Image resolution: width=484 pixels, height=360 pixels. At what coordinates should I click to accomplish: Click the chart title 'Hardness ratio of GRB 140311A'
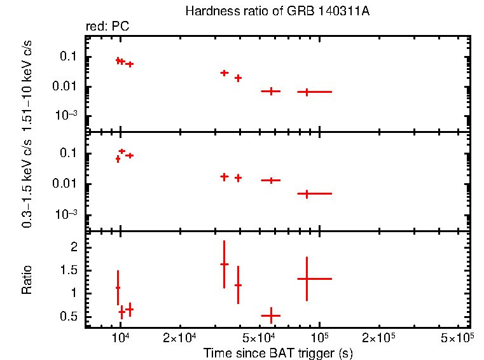click(277, 11)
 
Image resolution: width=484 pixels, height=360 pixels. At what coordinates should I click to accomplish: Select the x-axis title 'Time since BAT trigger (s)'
click(277, 352)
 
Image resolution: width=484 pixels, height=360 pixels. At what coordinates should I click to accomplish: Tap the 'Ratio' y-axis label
click(27, 279)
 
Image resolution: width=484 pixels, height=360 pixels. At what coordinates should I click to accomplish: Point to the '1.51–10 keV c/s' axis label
click(27, 83)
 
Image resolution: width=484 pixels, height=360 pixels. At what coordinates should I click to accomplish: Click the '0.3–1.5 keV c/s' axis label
click(27, 182)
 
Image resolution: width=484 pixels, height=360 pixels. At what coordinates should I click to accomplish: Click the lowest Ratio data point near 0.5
click(271, 315)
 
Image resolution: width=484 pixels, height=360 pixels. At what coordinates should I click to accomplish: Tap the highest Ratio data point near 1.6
click(224, 264)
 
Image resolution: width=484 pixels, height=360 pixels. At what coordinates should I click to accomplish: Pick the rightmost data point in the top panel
click(307, 92)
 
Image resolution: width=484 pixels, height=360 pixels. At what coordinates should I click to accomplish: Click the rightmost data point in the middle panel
click(307, 193)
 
